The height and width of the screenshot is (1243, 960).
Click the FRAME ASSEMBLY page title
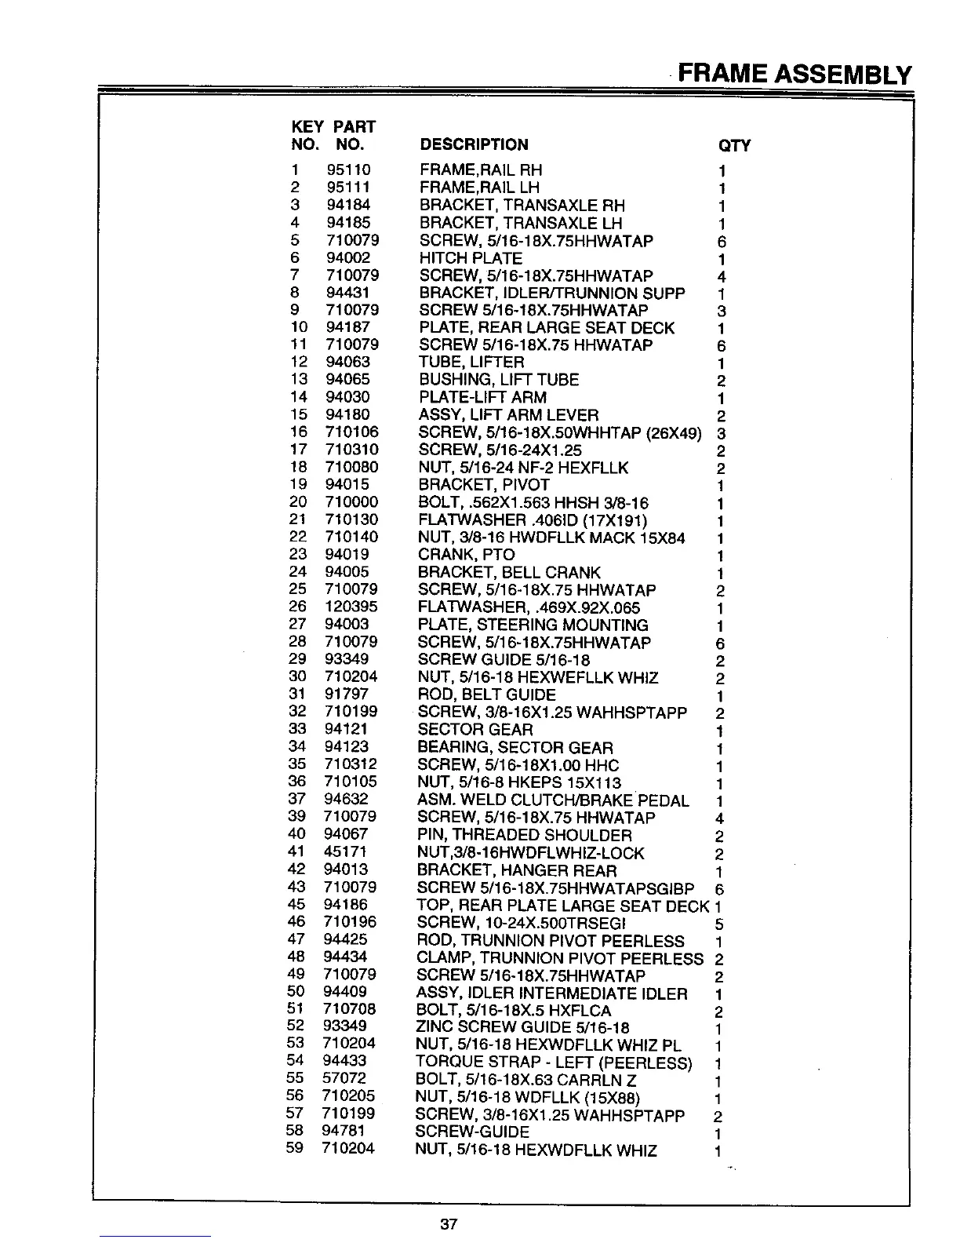[794, 74]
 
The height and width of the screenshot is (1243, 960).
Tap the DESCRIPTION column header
[474, 144]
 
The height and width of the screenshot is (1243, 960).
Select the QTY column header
[734, 146]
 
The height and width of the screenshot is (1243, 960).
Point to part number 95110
[348, 169]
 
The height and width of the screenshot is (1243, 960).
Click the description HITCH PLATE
[471, 258]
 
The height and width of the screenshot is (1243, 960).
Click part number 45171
[345, 851]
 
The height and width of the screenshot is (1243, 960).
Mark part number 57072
[344, 1078]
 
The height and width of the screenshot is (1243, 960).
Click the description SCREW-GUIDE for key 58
[471, 1132]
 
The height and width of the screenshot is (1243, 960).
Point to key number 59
[295, 1148]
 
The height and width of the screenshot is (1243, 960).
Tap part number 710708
[349, 1008]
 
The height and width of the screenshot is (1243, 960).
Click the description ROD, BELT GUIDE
[486, 694]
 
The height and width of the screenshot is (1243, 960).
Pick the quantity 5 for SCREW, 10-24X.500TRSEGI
[719, 924]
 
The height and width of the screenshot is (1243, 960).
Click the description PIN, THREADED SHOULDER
[524, 835]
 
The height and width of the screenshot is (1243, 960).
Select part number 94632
[346, 799]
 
